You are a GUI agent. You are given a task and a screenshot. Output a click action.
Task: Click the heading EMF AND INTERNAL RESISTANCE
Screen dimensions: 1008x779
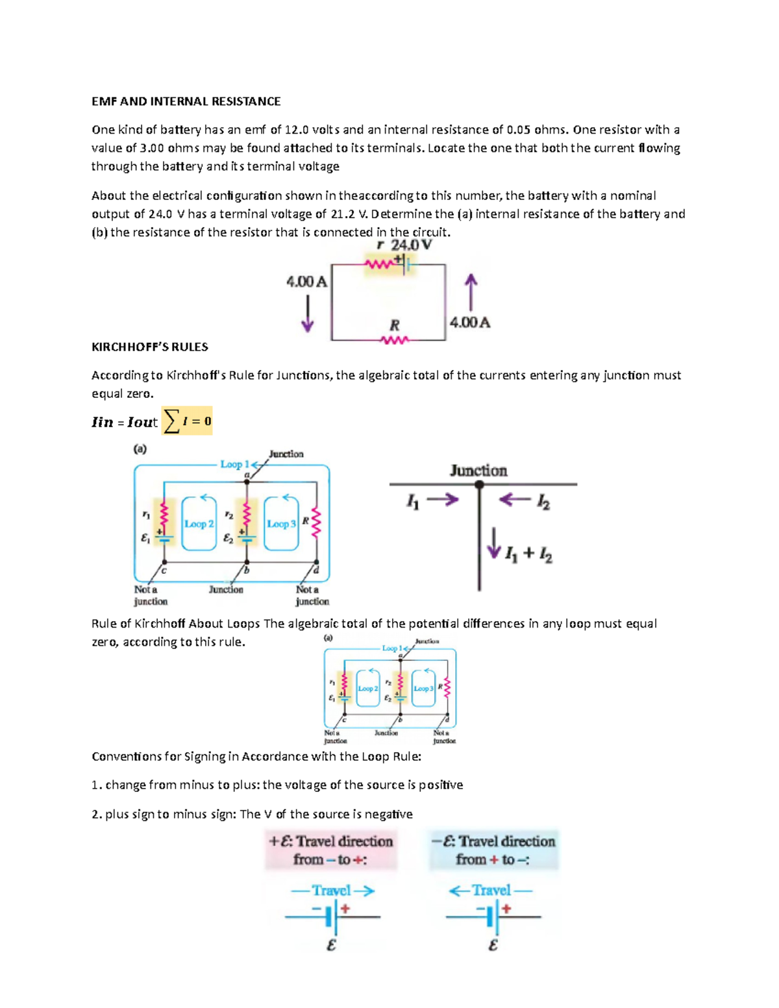pos(186,101)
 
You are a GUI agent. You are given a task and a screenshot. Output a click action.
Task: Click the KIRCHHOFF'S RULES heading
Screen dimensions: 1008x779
pos(150,347)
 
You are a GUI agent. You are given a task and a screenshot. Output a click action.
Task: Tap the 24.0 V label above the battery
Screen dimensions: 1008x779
pos(412,245)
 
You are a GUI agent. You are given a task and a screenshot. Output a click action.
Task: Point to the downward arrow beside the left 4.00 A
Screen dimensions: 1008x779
pos(308,313)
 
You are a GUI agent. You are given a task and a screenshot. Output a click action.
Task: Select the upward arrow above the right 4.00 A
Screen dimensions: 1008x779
pos(471,291)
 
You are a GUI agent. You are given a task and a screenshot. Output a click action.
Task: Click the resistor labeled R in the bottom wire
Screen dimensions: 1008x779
pos(395,339)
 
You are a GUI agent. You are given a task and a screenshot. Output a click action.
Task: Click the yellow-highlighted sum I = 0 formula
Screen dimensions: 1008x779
pos(187,421)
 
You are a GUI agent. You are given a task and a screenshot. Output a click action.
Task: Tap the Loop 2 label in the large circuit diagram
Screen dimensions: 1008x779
pos(199,524)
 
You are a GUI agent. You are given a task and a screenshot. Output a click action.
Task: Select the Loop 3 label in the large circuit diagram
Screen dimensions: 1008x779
pos(281,524)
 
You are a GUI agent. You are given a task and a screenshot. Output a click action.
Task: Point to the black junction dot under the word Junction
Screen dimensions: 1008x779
pos(479,485)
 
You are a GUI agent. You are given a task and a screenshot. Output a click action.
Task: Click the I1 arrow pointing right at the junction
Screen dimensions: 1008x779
pos(443,500)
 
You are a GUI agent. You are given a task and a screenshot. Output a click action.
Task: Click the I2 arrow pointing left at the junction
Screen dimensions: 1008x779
pos(515,500)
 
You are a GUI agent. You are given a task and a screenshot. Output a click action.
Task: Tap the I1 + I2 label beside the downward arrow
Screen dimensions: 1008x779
pos(528,554)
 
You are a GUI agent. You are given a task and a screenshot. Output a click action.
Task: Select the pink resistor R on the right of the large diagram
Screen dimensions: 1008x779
pos(317,523)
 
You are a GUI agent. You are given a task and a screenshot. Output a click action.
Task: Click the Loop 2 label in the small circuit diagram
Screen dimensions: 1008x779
pos(368,689)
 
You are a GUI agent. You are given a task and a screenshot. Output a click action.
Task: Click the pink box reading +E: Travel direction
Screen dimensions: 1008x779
pos(331,850)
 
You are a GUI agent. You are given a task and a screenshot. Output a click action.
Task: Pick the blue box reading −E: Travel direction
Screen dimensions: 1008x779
pos(493,850)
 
